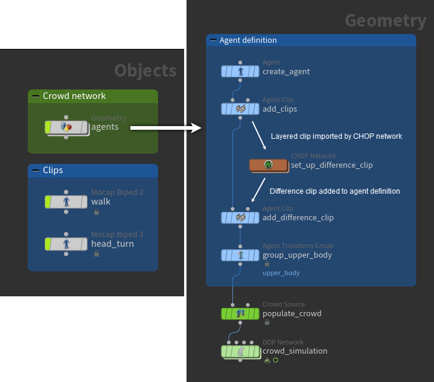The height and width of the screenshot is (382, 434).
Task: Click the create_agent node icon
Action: coord(240,72)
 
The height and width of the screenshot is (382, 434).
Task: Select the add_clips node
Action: coord(240,109)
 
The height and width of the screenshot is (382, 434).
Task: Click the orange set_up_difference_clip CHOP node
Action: coord(269,165)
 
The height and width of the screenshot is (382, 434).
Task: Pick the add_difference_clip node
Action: coord(240,217)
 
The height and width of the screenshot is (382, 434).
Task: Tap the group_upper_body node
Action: coord(240,255)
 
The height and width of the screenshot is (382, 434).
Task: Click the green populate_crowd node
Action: coord(240,313)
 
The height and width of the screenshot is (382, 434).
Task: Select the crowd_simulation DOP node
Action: coord(240,351)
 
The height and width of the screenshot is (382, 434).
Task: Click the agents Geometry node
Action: coord(66,127)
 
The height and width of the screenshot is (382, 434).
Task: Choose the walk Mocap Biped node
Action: coord(66,202)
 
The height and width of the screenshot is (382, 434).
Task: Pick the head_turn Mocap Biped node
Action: coord(66,244)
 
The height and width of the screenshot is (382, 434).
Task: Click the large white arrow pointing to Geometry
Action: coord(165,127)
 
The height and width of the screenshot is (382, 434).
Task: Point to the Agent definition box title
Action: coord(248,40)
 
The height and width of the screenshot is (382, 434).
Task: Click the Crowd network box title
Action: coord(74,96)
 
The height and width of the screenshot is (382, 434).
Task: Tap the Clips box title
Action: coord(53,170)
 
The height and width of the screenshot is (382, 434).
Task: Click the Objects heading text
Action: coord(145,71)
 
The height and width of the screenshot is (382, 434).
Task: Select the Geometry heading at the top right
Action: coord(385,21)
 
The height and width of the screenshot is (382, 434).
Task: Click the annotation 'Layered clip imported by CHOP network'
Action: coord(336,136)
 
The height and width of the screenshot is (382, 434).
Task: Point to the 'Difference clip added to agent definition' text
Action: coord(334,191)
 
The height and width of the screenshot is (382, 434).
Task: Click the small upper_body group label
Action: coord(281,273)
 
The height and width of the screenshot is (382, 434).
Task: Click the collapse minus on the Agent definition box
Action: coord(212,40)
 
